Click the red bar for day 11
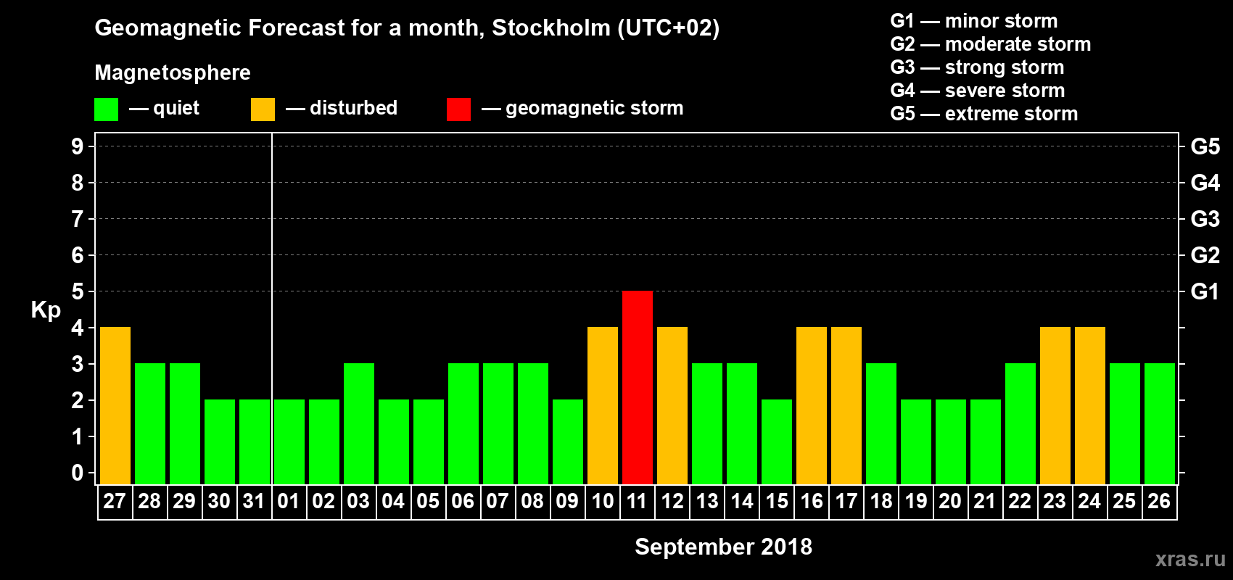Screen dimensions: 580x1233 pos(638,387)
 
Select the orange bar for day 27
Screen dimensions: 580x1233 pos(115,405)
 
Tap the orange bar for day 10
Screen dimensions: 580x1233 pos(603,405)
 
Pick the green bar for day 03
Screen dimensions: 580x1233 pos(359,423)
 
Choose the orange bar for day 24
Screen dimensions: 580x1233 pos(1090,405)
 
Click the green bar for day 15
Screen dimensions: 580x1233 pos(777,442)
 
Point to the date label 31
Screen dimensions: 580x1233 pos(254,502)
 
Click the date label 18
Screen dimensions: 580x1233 pos(881,502)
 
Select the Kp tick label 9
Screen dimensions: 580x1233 pos(78,146)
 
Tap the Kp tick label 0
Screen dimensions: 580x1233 pos(78,473)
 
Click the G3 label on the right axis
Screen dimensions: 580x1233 pos(1205,219)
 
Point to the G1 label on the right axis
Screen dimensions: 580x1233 pos(1205,291)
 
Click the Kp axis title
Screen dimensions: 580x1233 pos(46,310)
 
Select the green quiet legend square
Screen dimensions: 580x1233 pos(107,109)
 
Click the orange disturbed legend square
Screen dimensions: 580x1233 pos(263,109)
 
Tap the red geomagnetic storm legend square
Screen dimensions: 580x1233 pos(458,109)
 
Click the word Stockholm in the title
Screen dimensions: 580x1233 pos(551,28)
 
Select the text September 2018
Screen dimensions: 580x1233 pos(723,547)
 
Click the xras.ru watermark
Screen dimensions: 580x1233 pos(1189,559)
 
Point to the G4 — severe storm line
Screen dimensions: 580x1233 pos(978,91)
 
